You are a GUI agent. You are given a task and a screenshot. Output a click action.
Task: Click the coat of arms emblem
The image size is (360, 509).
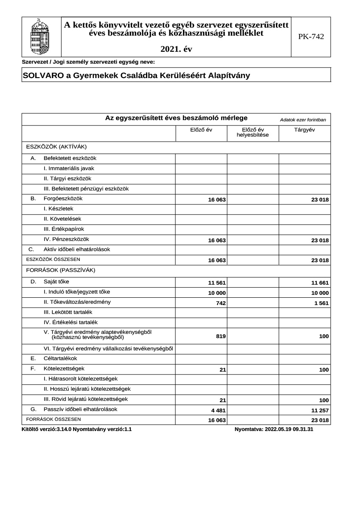[41, 37]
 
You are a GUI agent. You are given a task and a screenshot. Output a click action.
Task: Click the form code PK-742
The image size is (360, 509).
[311, 37]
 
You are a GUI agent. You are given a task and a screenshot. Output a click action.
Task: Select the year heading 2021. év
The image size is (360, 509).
[176, 49]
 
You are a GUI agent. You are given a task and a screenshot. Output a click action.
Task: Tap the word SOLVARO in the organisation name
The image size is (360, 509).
[42, 76]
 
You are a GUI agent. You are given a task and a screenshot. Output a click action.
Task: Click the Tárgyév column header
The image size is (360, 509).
[304, 129]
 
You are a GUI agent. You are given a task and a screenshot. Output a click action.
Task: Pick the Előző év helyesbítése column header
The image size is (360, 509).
[253, 132]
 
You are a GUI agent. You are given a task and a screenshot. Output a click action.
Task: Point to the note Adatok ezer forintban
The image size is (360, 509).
[303, 120]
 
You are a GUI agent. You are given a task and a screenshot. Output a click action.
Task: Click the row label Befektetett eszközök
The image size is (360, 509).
[70, 158]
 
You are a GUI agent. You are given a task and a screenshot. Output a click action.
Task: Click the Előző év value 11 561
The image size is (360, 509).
[217, 283]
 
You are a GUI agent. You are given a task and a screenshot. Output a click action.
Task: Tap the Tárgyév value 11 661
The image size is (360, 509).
[320, 283]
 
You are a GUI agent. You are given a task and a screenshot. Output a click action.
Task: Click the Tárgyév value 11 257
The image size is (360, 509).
[320, 411]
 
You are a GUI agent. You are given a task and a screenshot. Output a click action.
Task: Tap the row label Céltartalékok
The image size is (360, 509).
[60, 358]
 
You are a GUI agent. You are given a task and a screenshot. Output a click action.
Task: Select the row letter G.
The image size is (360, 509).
[33, 410]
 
